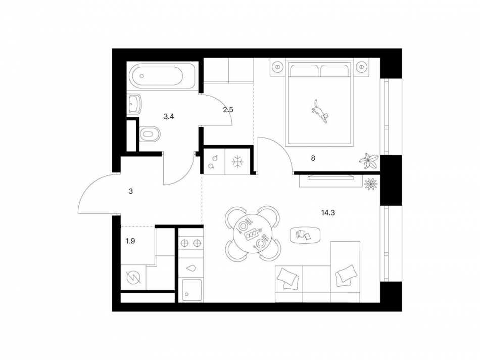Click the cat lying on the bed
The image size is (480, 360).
pyautogui.click(x=320, y=111)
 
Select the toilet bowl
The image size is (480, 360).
pyautogui.click(x=148, y=134)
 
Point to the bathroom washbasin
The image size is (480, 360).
pyautogui.click(x=135, y=104)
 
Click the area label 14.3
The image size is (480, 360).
pyautogui.click(x=328, y=213)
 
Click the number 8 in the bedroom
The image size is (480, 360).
pyautogui.click(x=313, y=158)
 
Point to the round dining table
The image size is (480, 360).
pyautogui.click(x=252, y=234)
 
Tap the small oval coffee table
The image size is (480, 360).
pyautogui.click(x=305, y=234)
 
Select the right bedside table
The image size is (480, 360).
pyautogui.click(x=361, y=66)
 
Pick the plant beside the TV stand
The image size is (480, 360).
pyautogui.click(x=370, y=183)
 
